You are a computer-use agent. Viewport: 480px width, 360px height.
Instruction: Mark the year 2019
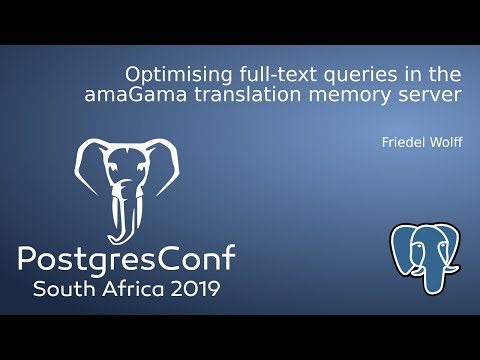click(x=194, y=290)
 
